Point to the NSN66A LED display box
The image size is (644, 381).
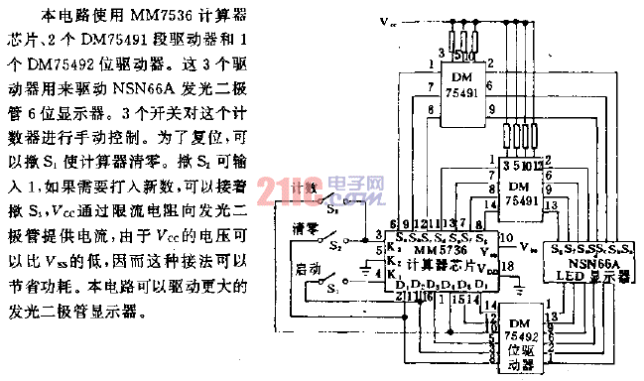click(591, 263)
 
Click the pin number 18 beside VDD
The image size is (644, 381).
click(508, 268)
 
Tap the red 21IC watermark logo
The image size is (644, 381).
click(279, 189)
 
